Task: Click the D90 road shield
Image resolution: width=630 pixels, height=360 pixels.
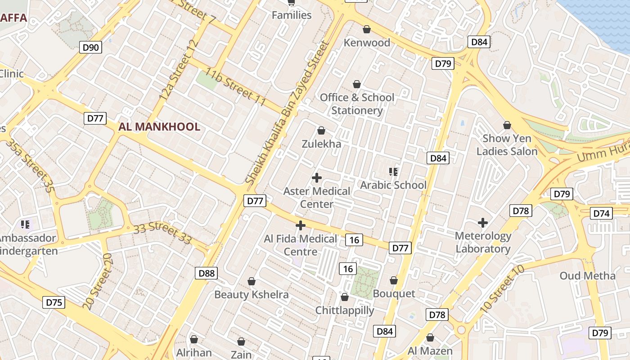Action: pyautogui.click(x=91, y=47)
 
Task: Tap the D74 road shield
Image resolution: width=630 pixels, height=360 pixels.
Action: pyautogui.click(x=601, y=213)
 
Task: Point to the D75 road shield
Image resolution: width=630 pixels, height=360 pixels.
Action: pyautogui.click(x=54, y=302)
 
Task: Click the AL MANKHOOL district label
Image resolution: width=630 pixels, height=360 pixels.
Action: pyautogui.click(x=159, y=127)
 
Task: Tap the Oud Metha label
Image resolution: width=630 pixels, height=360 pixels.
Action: pyautogui.click(x=587, y=275)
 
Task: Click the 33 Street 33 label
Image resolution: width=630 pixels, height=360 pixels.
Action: pyautogui.click(x=162, y=232)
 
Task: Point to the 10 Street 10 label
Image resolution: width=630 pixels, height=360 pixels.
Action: pyautogui.click(x=502, y=289)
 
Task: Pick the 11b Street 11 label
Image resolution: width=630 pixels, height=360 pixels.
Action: pyautogui.click(x=236, y=87)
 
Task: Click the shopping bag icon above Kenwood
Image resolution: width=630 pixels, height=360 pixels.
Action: pyautogui.click(x=367, y=29)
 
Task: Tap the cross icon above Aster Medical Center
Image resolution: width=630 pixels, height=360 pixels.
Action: pyautogui.click(x=317, y=177)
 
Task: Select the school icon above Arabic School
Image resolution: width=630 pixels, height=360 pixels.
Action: pyautogui.click(x=393, y=171)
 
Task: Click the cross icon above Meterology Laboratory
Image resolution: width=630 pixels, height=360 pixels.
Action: pyautogui.click(x=483, y=222)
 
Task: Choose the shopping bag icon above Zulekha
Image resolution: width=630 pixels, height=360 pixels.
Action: pyautogui.click(x=321, y=130)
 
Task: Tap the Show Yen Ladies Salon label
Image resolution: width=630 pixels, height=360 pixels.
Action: pyautogui.click(x=507, y=145)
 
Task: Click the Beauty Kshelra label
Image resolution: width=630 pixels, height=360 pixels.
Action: pyautogui.click(x=251, y=294)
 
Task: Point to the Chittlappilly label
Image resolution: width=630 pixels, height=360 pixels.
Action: pyautogui.click(x=345, y=310)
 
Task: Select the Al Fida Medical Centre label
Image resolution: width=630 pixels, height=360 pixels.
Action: pyautogui.click(x=300, y=245)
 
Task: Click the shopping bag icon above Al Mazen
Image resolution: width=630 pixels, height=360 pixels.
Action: pyautogui.click(x=430, y=337)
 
